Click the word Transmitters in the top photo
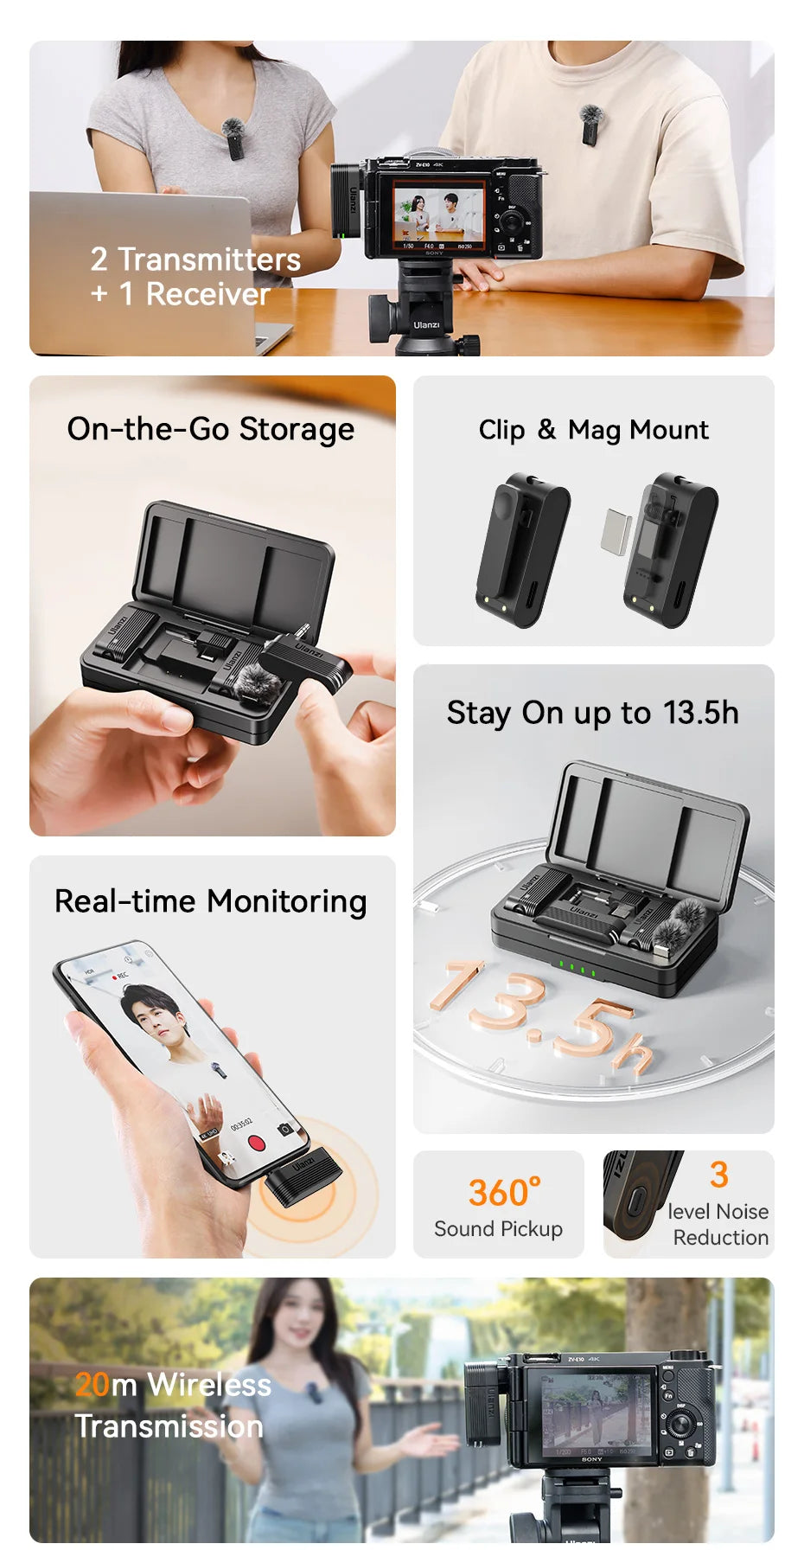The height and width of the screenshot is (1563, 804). click(x=209, y=259)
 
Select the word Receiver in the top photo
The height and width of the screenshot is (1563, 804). click(x=207, y=295)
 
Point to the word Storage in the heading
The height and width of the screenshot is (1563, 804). click(x=297, y=429)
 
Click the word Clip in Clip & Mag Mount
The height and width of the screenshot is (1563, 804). click(x=501, y=430)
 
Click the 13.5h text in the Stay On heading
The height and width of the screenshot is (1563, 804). click(x=700, y=713)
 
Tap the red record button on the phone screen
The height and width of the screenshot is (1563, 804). click(x=256, y=1142)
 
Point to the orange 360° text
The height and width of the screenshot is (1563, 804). click(x=504, y=1192)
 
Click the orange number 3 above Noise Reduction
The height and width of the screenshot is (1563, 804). click(x=718, y=1175)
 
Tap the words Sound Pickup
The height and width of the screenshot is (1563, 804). click(x=498, y=1229)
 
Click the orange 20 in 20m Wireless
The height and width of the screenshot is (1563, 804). click(x=92, y=1385)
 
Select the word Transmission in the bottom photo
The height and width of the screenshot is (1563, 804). click(x=169, y=1426)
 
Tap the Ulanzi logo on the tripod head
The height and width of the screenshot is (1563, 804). click(x=426, y=325)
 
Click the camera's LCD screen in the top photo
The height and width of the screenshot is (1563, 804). click(x=438, y=213)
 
